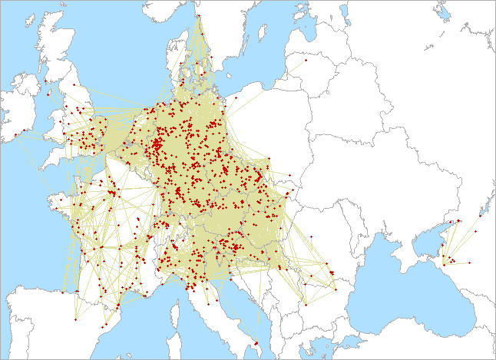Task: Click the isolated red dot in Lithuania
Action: (306, 59)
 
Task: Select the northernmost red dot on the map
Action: (199, 15)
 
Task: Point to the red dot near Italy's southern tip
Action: (256, 342)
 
